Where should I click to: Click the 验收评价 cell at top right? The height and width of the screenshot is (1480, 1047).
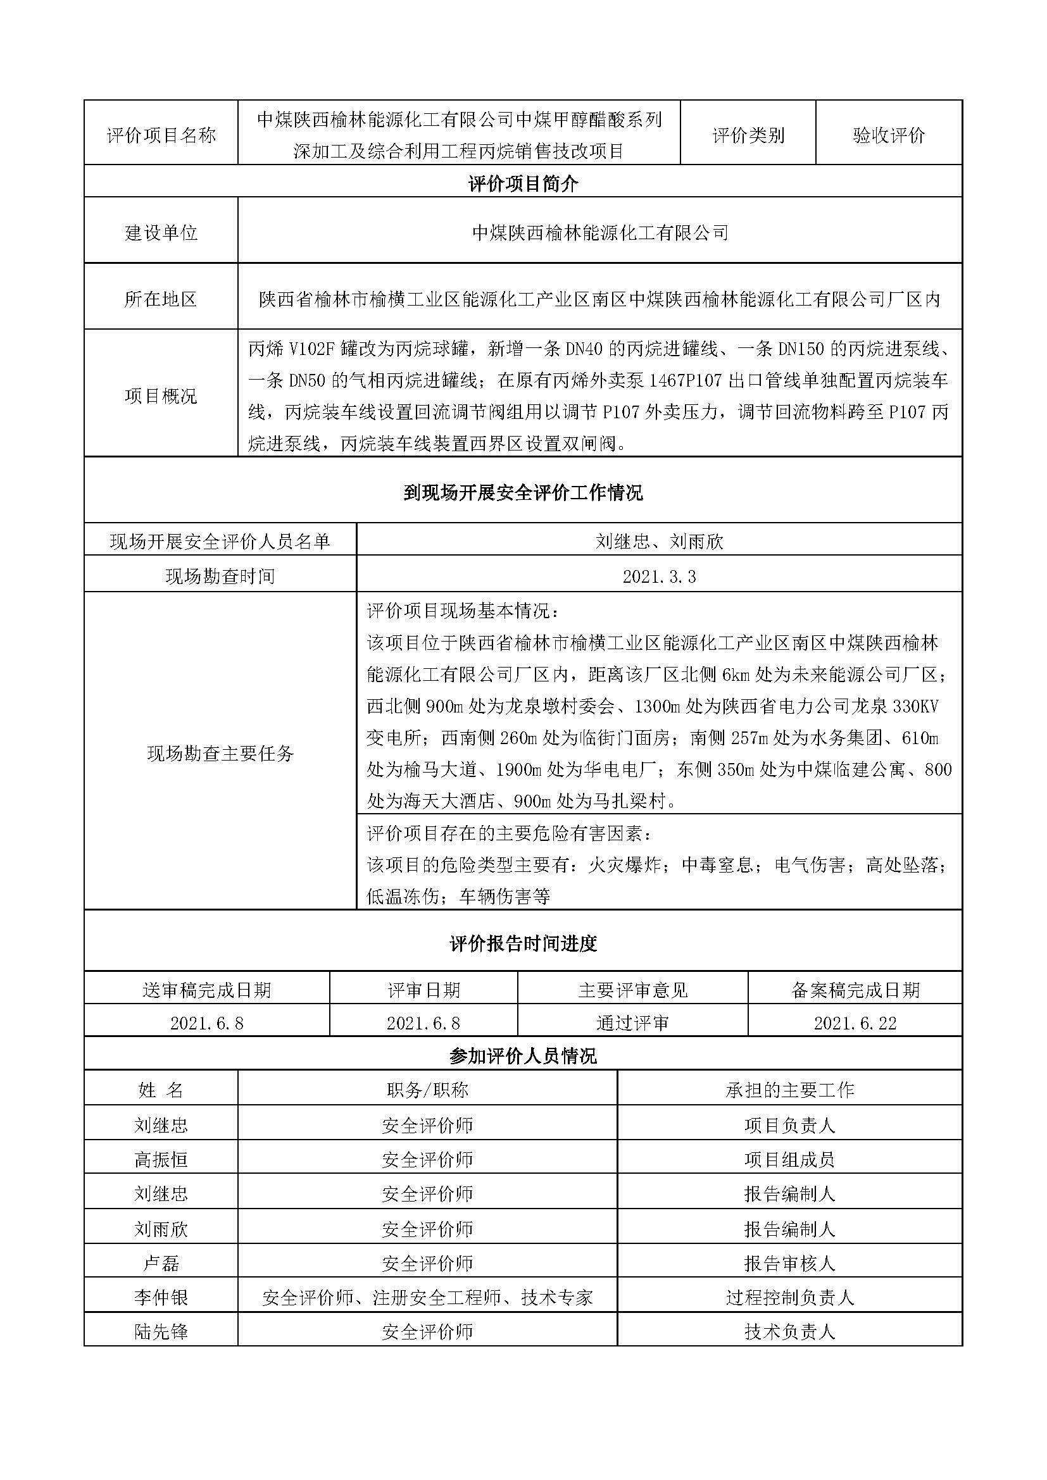888,135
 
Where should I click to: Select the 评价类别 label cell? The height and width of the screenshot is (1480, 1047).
748,135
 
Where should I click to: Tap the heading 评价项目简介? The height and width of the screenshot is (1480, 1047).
523,184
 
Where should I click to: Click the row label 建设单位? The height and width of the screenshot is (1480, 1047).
161,233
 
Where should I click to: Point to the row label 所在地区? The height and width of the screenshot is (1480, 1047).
161,299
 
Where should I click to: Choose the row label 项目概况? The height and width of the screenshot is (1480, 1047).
161,395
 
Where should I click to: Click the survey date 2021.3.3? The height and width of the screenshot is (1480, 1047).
659,576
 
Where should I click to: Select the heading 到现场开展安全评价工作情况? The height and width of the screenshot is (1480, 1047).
523,493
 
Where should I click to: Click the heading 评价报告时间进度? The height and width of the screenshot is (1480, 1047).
523,944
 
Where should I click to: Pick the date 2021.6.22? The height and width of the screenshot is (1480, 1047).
855,1024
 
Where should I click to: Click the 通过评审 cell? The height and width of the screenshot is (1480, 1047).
632,1024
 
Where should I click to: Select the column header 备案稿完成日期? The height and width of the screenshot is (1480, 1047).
855,990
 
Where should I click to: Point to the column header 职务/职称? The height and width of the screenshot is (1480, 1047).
427,1090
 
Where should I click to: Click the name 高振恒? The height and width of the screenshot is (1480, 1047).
161,1160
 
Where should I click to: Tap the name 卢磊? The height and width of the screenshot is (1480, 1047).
161,1264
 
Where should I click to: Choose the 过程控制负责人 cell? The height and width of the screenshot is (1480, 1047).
790,1298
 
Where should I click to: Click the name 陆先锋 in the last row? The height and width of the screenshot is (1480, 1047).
161,1332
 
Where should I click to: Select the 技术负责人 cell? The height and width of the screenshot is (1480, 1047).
790,1332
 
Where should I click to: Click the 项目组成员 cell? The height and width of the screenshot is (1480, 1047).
790,1160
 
